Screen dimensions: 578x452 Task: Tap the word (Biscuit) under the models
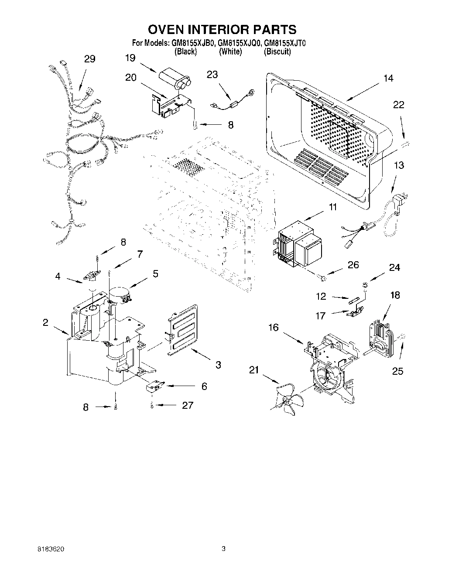pos(277,51)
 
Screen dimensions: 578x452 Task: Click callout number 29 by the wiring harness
pos(89,59)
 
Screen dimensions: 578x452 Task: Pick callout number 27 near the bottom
pos(187,405)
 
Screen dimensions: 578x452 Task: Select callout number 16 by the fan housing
pos(274,327)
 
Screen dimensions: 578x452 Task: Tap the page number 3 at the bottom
pos(223,549)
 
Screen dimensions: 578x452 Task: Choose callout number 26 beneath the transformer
pos(353,265)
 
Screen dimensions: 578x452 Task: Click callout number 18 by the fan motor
pos(395,295)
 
